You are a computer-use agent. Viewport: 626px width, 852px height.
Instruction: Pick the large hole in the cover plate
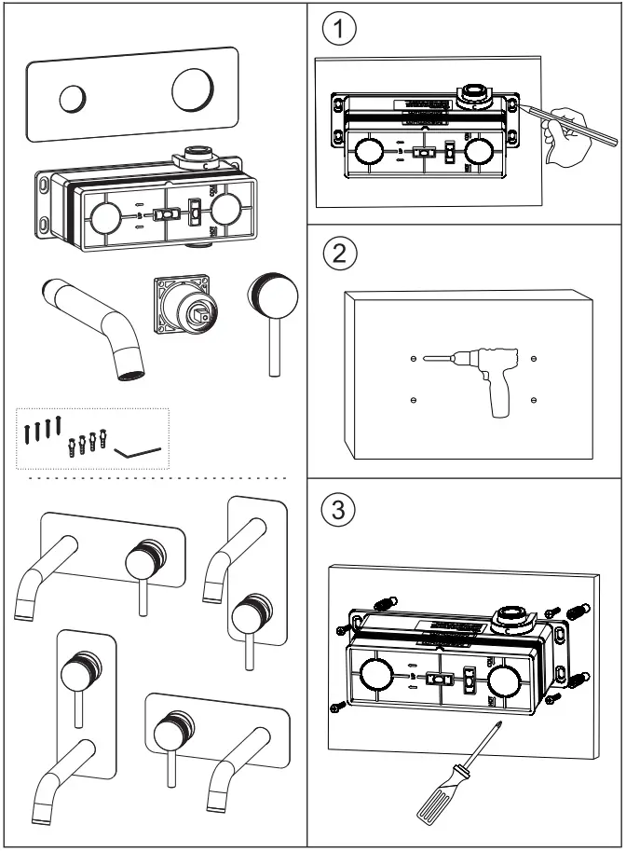click(x=193, y=90)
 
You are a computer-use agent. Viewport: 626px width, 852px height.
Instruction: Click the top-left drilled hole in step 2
click(x=413, y=358)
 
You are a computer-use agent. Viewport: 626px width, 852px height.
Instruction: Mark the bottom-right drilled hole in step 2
click(x=533, y=400)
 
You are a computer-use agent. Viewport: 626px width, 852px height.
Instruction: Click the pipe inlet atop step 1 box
click(x=470, y=92)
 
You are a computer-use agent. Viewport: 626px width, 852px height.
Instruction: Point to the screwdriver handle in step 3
click(x=431, y=801)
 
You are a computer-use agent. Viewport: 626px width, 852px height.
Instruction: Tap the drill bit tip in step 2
click(x=424, y=358)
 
